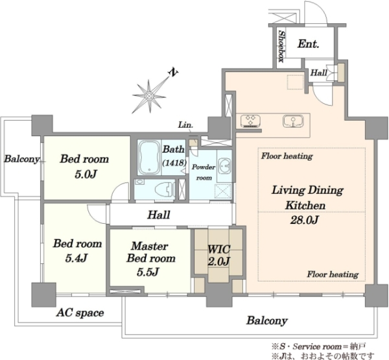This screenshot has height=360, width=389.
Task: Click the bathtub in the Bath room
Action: click(149, 158)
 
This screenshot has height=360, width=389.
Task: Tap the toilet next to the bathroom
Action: click(165, 189)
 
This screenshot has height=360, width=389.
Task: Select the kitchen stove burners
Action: click(250, 121)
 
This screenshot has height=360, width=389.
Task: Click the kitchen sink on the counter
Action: click(293, 121)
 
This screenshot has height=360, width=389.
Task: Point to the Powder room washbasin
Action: click(225, 166)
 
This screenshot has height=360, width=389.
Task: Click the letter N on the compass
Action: click(174, 72)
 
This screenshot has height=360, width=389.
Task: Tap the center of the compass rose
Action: click(149, 96)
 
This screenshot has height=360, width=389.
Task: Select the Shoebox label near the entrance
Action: click(281, 46)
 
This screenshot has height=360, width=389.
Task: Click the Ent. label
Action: click(308, 44)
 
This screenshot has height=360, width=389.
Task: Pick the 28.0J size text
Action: click(305, 220)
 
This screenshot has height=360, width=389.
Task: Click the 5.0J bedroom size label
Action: click(85, 174)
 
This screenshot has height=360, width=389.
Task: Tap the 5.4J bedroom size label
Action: click(77, 258)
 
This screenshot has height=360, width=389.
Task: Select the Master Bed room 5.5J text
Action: click(150, 259)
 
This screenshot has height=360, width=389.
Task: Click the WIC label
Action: click(219, 249)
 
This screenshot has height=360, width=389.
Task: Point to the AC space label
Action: click(80, 313)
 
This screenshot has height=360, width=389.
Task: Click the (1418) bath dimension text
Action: click(174, 163)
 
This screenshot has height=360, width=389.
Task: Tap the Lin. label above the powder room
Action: click(185, 125)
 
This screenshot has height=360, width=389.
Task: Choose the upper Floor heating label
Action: click(287, 156)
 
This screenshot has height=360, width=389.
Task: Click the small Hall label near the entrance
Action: click(319, 73)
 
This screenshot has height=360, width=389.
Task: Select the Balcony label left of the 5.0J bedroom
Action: click(21, 159)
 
